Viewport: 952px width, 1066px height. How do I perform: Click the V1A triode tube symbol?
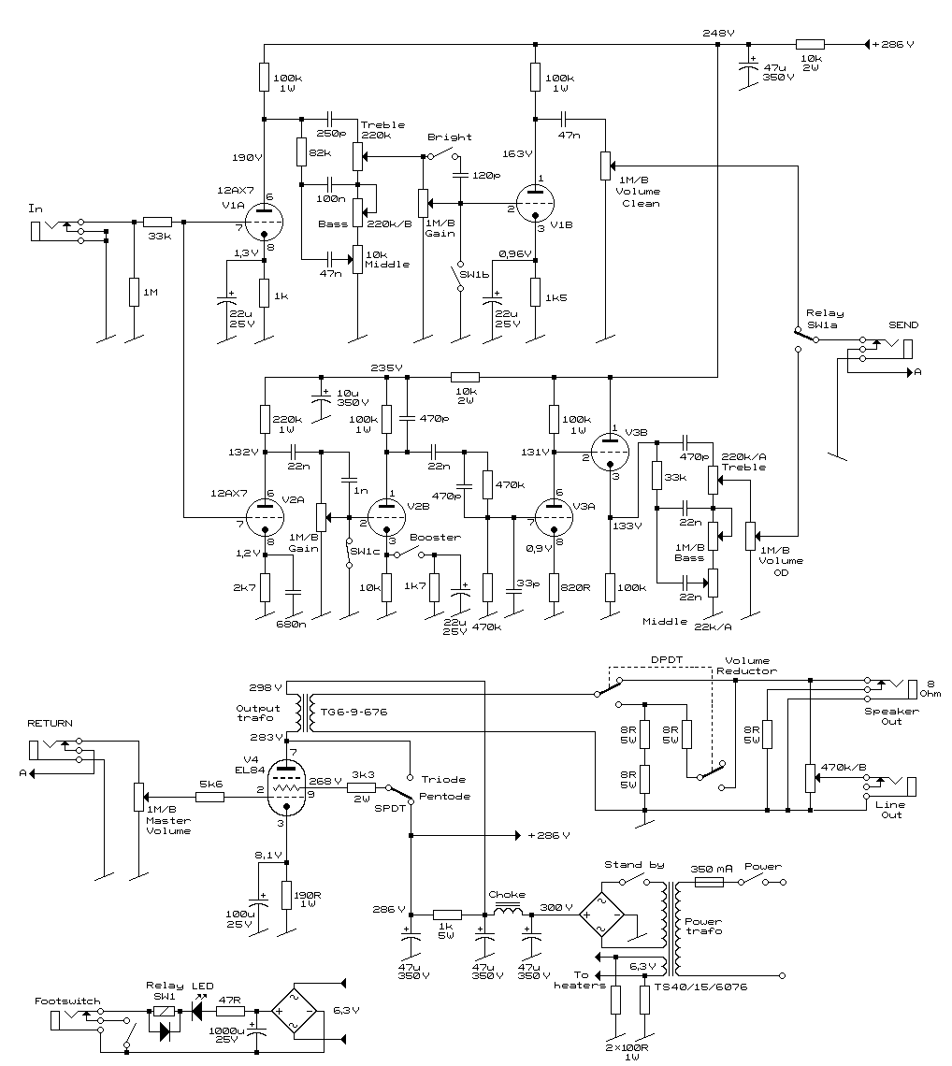point(263,222)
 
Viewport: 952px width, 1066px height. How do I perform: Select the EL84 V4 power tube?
point(286,788)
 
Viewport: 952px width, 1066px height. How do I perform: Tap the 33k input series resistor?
point(158,222)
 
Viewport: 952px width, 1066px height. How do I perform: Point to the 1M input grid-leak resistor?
point(134,293)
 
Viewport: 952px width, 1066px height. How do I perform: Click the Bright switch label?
point(449,137)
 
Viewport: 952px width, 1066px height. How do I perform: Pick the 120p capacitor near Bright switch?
point(460,176)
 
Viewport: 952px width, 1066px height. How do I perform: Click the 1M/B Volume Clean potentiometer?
point(605,166)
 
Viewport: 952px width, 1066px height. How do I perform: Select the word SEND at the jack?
point(903,325)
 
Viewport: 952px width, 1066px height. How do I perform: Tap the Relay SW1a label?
point(824,319)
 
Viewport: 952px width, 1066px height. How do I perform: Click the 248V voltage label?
point(718,33)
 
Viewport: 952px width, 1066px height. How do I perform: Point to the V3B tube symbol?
point(610,452)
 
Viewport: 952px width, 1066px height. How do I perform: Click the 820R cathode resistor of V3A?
point(555,587)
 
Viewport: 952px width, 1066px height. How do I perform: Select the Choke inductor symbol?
point(507,911)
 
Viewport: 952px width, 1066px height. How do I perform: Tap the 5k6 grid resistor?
point(209,797)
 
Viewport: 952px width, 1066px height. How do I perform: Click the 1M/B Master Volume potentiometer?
point(138,797)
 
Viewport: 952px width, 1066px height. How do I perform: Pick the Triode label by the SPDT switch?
point(443,779)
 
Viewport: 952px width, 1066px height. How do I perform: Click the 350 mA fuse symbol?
point(709,882)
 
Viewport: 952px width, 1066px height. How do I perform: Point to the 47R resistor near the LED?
point(230,1011)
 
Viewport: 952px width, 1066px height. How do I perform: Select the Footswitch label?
point(67,1001)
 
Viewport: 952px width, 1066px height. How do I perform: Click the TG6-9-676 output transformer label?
point(353,712)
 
